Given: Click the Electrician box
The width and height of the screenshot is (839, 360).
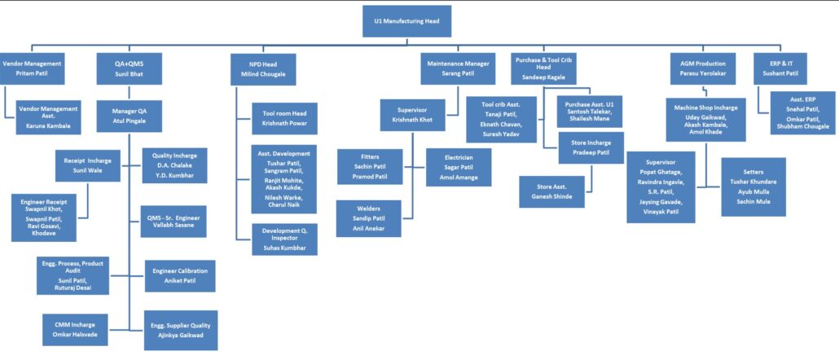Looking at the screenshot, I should [x=459, y=166].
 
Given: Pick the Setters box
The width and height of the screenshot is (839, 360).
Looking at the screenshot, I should [x=753, y=187].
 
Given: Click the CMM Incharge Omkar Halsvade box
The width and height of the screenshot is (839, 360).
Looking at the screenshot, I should [x=75, y=330].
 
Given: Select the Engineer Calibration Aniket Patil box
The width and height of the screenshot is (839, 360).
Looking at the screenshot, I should [x=180, y=275].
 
